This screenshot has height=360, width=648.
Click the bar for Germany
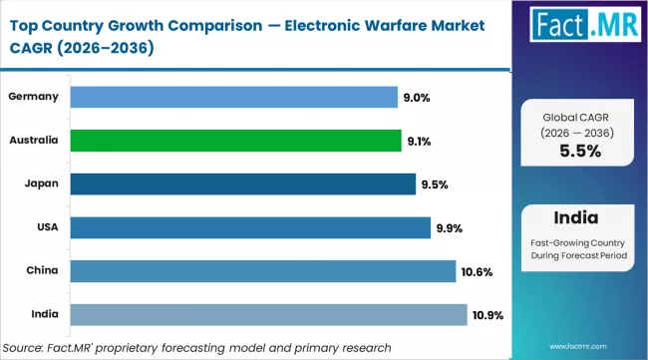click(233, 97)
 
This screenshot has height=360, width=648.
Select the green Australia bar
click(235, 141)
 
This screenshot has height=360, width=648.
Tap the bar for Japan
click(242, 183)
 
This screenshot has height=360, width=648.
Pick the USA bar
click(249, 227)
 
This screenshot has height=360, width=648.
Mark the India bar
click(268, 314)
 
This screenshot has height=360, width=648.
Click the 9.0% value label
click(418, 97)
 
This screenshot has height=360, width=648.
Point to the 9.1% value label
click(420, 141)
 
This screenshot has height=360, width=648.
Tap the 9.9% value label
click(449, 227)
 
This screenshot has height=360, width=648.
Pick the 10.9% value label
click(488, 315)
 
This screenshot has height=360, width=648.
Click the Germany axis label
click(31, 97)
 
